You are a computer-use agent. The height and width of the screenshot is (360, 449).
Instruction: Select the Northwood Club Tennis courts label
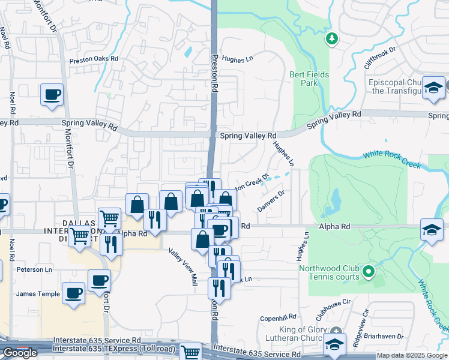coord(330,272)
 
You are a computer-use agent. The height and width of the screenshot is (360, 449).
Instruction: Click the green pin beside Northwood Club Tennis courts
coord(369,272)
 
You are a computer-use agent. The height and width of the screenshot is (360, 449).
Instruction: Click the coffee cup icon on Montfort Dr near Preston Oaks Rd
coord(52,94)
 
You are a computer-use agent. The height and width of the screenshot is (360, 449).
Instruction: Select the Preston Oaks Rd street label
coord(94,60)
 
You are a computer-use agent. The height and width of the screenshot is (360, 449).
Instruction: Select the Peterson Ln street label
coord(34,269)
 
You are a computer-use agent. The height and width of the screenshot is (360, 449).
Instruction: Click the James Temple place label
coord(38,294)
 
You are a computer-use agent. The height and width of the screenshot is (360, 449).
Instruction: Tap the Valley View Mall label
coord(183,267)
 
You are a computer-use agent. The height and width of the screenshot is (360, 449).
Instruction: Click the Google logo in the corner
coord(20,353)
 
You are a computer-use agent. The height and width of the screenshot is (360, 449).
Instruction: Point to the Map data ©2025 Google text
coord(412,355)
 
